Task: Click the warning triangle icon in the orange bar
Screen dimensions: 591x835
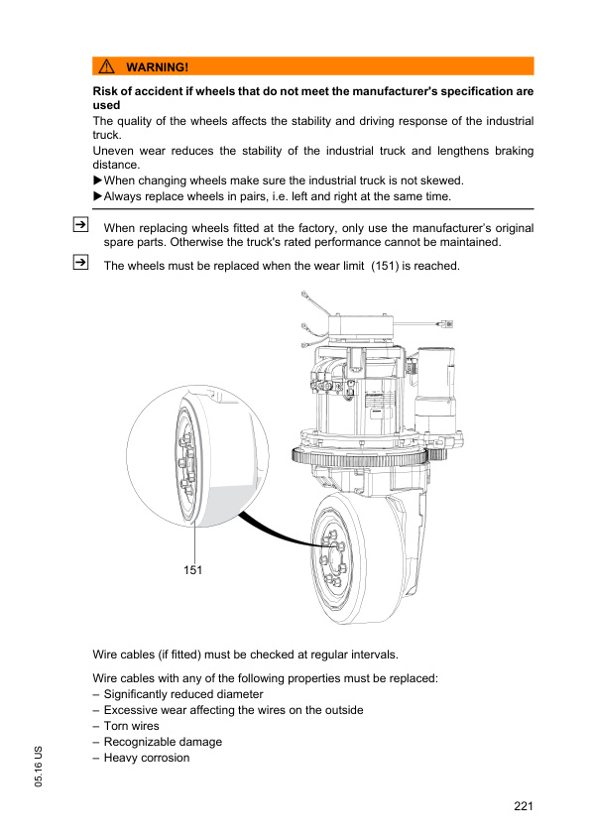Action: tap(106, 66)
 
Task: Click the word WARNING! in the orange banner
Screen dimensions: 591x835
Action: tap(157, 67)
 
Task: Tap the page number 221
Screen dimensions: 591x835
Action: tap(524, 805)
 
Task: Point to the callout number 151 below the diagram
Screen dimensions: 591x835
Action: tap(192, 570)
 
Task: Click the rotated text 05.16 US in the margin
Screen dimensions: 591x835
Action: tap(39, 767)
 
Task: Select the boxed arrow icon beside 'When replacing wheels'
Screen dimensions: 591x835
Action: tap(80, 225)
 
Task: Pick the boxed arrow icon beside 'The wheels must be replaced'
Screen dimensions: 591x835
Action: tap(80, 262)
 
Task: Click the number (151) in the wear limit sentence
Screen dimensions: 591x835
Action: tap(385, 266)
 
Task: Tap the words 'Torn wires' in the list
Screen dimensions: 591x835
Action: tap(132, 726)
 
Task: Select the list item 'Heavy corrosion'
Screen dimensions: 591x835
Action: tap(147, 758)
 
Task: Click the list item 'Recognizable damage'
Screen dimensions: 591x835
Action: tap(163, 742)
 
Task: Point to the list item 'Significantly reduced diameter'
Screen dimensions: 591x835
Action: tap(183, 694)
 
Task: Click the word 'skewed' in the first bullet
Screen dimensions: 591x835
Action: tap(444, 180)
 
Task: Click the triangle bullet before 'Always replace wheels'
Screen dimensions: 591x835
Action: tap(97, 196)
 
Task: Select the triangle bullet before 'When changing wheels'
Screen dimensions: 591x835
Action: tap(97, 180)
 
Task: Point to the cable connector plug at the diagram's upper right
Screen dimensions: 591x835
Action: tap(445, 323)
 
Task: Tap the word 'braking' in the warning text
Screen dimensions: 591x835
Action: tap(515, 151)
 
